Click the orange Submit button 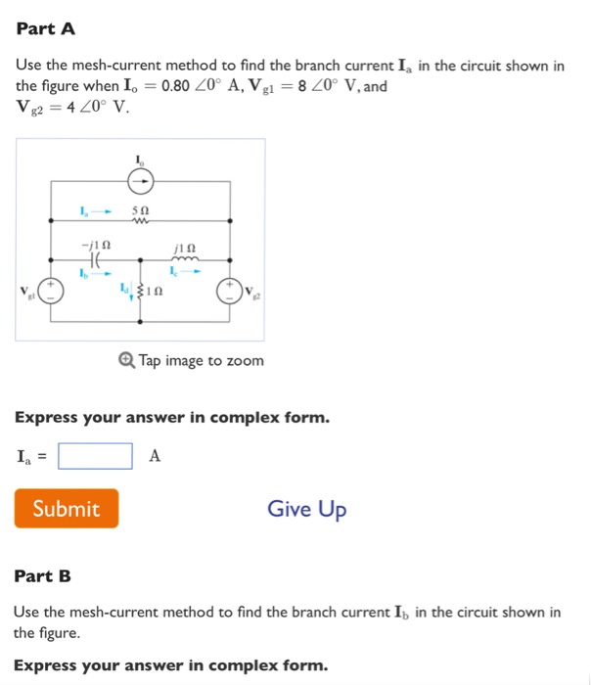pyautogui.click(x=67, y=509)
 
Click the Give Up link pyautogui.click(x=306, y=509)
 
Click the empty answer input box pyautogui.click(x=95, y=456)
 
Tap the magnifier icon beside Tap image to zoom pyautogui.click(x=127, y=360)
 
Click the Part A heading pyautogui.click(x=45, y=28)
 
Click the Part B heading pyautogui.click(x=43, y=575)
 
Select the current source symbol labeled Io pyautogui.click(x=141, y=181)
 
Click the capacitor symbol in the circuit pyautogui.click(x=97, y=260)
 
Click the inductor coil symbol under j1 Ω pyautogui.click(x=185, y=259)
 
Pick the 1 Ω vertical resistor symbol pyautogui.click(x=141, y=290)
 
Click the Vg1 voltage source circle pyautogui.click(x=51, y=290)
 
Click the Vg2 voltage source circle pyautogui.click(x=231, y=290)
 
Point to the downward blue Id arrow pyautogui.click(x=132, y=292)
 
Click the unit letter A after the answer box pyautogui.click(x=155, y=456)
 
